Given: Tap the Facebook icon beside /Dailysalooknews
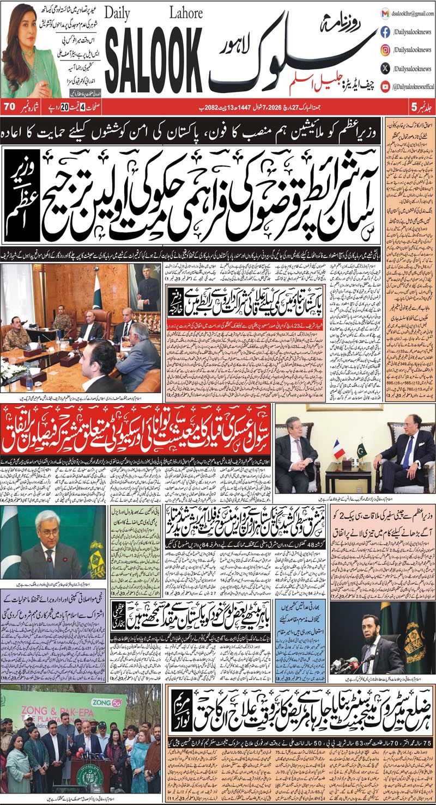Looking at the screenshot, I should click(x=385, y=32).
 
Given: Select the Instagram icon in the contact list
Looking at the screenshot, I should click(x=385, y=50).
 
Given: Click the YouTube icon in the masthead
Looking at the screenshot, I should click(x=385, y=85).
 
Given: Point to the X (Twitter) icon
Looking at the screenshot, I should click(x=385, y=68).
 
